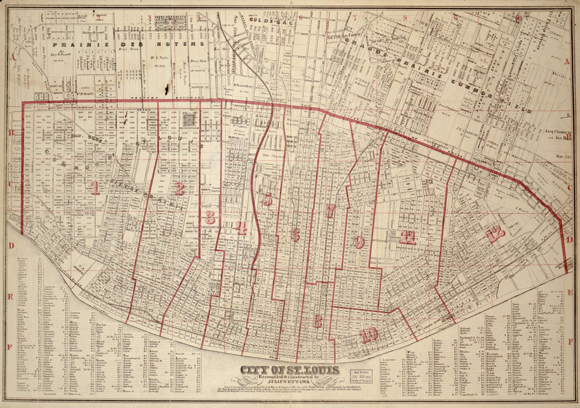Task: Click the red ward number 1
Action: pos(94,188)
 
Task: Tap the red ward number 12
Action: pos(495,234)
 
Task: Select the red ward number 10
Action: pos(369,334)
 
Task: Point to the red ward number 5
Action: pos(268,199)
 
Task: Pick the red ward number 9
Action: pos(359,242)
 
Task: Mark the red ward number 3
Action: pos(210,217)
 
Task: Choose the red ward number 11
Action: pos(407,237)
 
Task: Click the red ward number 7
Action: pos(330,211)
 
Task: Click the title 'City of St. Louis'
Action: pos(289,370)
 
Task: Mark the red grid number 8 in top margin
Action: pos(405,17)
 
